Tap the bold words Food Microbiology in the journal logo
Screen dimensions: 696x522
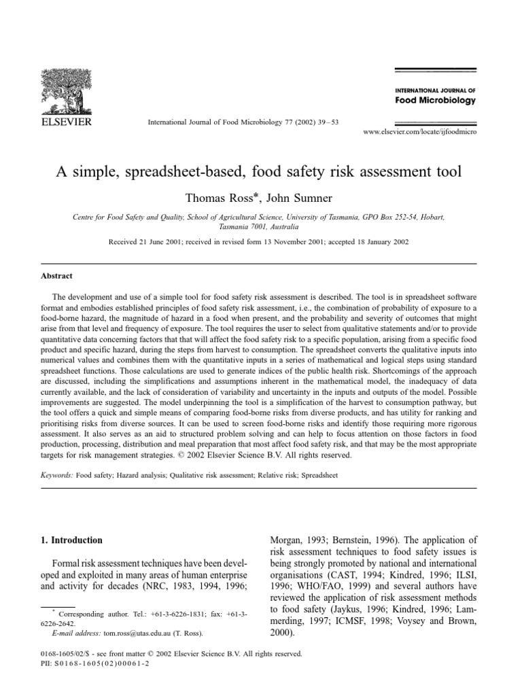(x=435, y=101)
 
